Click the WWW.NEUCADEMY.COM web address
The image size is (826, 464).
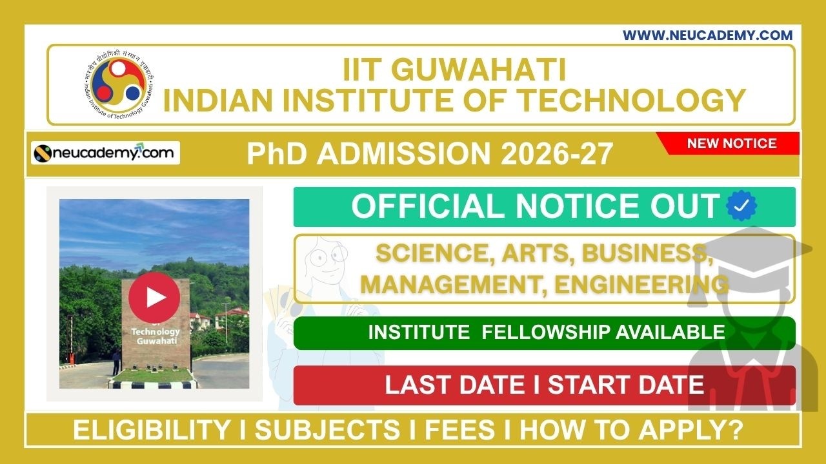coord(707,35)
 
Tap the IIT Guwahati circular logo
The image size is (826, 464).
coord(117,85)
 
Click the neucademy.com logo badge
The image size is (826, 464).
coord(106,153)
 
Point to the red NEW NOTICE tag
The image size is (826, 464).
coord(731,143)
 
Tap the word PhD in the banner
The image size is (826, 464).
coord(275,155)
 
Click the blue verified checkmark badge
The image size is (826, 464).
coord(741,206)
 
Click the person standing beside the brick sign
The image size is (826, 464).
coord(116,362)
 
